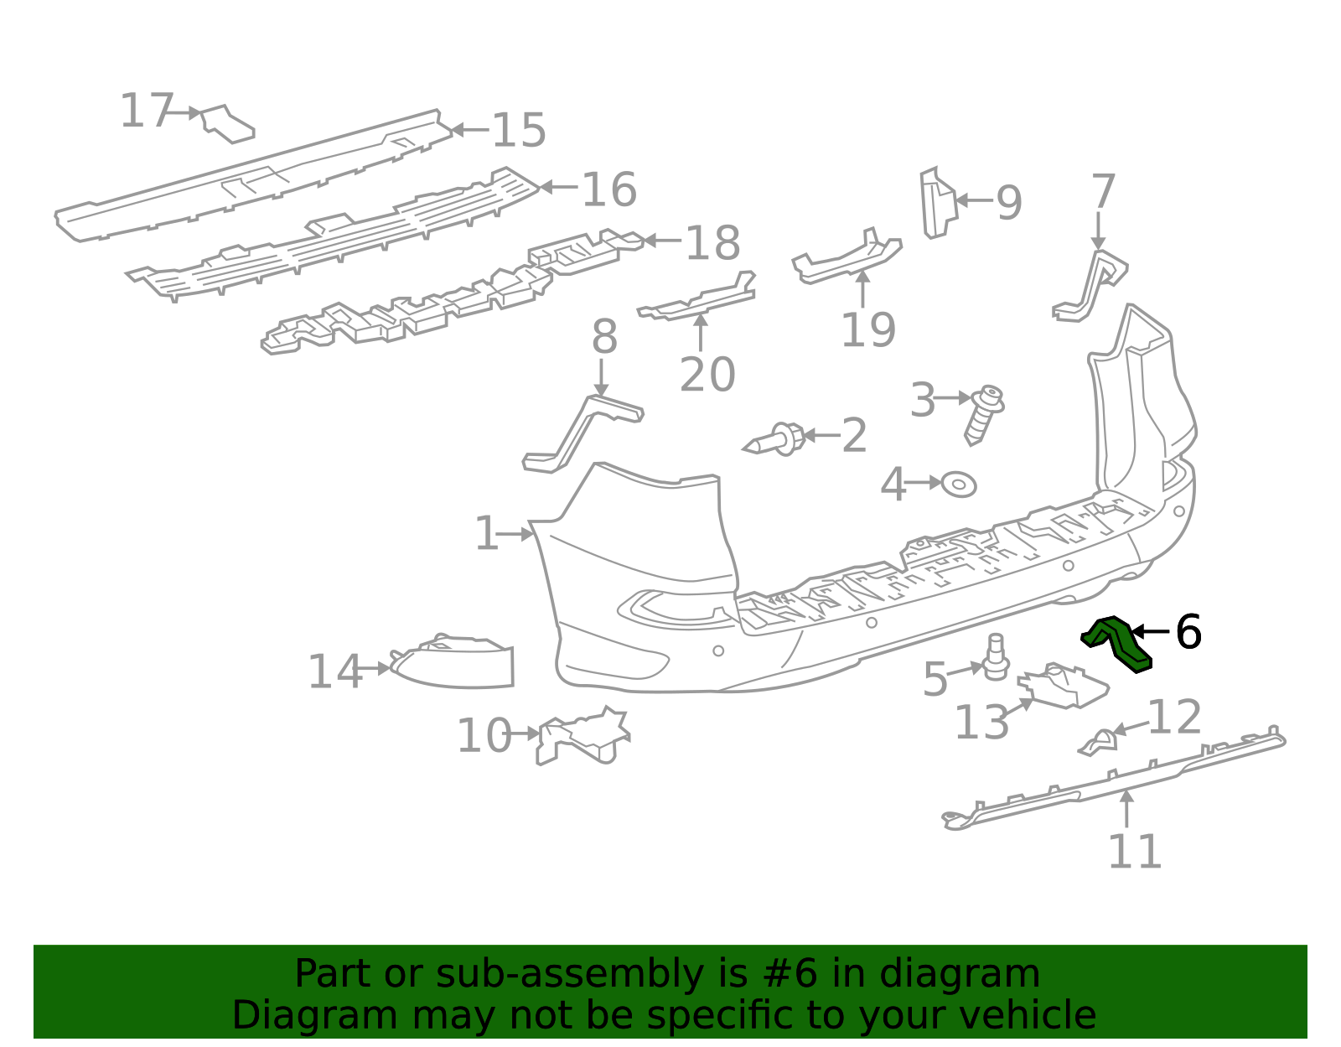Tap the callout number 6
[1188, 632]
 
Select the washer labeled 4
[958, 485]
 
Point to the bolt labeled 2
[779, 439]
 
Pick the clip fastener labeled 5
[996, 658]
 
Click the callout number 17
[146, 111]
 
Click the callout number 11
[1135, 852]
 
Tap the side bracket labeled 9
[936, 202]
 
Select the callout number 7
[1103, 192]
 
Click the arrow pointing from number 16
[557, 187]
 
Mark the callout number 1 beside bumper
[486, 534]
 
